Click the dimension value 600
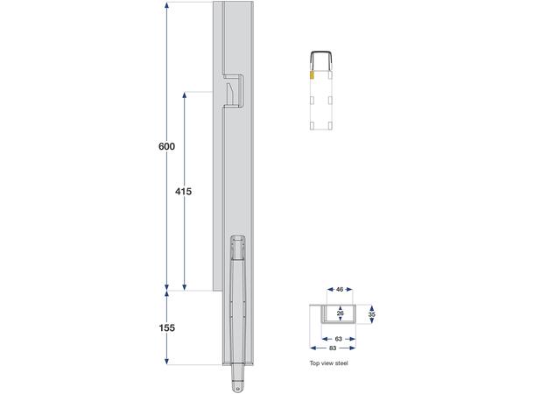tap(167, 146)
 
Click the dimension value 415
tap(183, 191)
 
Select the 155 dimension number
tap(167, 327)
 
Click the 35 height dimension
tap(373, 312)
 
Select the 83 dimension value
tap(333, 348)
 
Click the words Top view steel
tap(329, 362)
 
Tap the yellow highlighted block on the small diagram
tap(311, 76)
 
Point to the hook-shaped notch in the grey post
tap(233, 89)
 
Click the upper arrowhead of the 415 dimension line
tap(183, 91)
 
